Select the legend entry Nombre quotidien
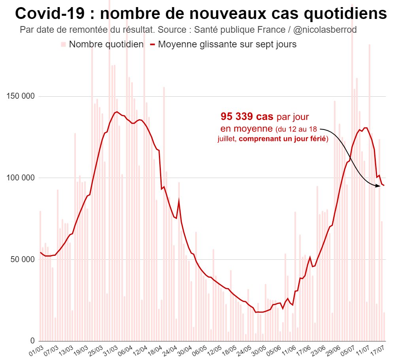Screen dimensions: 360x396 106,44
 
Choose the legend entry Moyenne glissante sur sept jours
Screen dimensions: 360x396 227,44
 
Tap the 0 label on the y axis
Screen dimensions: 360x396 32,341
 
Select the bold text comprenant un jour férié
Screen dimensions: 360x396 283,139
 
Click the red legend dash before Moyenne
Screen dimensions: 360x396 153,44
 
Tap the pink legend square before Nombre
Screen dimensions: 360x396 63,44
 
